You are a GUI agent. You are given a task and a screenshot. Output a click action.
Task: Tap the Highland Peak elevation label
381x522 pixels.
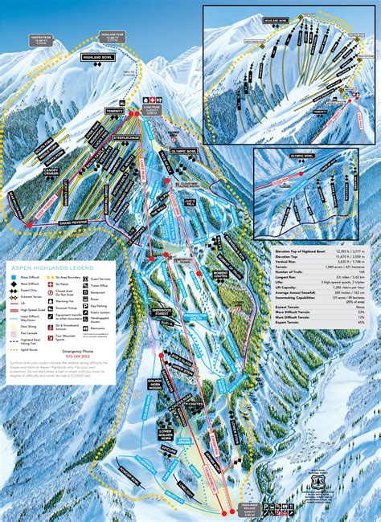pyautogui.click(x=113, y=37)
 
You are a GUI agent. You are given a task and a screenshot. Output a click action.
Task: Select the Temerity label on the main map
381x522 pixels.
pyautogui.click(x=115, y=112)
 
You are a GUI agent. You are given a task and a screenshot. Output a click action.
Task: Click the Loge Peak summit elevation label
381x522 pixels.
pyautogui.click(x=150, y=112)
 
